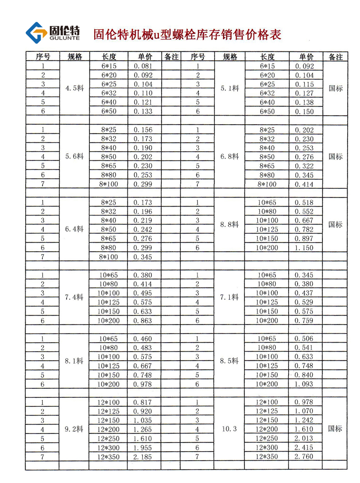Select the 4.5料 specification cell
click(x=74, y=88)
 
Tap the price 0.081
click(x=143, y=66)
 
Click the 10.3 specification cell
click(x=230, y=429)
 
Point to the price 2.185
click(x=143, y=456)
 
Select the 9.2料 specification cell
click(x=74, y=429)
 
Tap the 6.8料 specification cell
click(x=230, y=156)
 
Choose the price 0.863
click(x=143, y=321)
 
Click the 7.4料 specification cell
click(x=74, y=297)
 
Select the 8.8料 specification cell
click(x=230, y=225)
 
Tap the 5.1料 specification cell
click(x=230, y=88)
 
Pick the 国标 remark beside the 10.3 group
click(x=335, y=429)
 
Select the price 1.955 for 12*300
click(x=143, y=447)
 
